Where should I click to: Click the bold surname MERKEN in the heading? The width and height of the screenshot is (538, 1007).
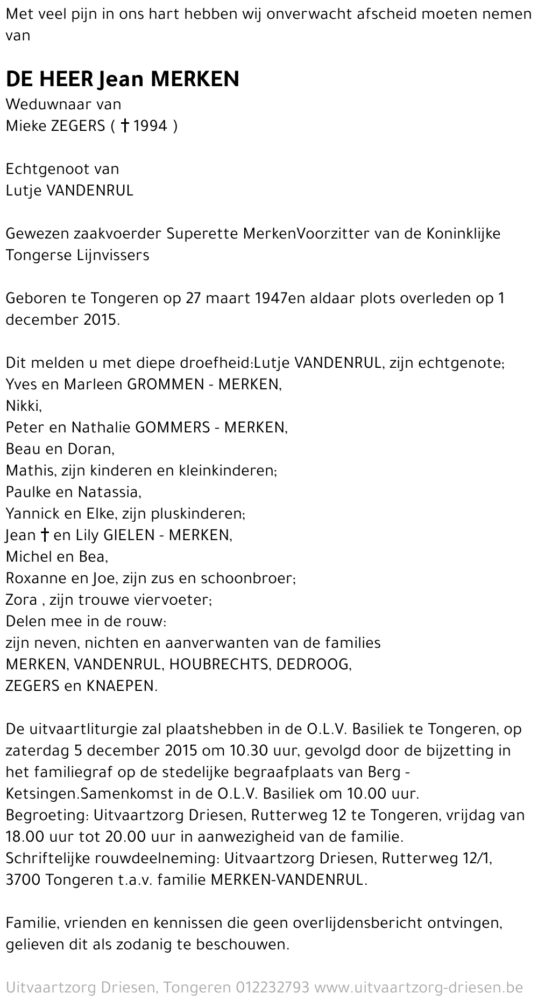(x=195, y=79)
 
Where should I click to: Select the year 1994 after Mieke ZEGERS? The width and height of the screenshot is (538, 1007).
(x=150, y=126)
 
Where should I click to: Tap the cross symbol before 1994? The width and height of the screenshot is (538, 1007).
(x=124, y=126)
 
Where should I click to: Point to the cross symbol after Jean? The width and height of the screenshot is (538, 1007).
(x=45, y=535)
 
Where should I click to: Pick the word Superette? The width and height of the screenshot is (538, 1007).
(x=202, y=234)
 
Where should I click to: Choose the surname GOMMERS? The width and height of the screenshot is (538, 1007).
(x=172, y=428)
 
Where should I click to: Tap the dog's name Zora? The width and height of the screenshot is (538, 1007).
(x=21, y=600)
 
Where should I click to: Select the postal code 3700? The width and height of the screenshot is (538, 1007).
(x=23, y=880)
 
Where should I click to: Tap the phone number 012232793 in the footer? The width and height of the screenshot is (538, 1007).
(x=272, y=988)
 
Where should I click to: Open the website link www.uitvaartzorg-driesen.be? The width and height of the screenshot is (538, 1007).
(x=419, y=988)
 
